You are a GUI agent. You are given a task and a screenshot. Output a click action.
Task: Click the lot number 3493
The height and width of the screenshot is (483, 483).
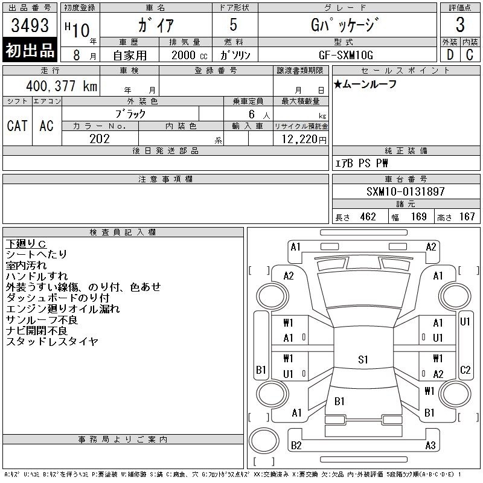(x=30, y=25)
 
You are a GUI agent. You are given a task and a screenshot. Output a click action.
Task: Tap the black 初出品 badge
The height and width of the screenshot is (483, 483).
(x=30, y=50)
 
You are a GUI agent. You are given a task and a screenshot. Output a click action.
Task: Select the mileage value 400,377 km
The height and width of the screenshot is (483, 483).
(x=62, y=86)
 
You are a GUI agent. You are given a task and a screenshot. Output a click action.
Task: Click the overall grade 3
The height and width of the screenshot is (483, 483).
(x=460, y=25)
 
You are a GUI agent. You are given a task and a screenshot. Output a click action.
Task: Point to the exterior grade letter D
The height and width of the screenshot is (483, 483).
(x=450, y=55)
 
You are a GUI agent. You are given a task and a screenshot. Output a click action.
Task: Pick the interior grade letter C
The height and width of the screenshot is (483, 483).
(x=470, y=55)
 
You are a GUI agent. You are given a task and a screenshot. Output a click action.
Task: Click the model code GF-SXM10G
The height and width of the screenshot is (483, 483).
(x=346, y=55)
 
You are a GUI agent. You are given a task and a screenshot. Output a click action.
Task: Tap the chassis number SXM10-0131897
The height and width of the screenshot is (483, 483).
(x=405, y=191)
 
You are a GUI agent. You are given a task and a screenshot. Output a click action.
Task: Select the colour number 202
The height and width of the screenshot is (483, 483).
(x=100, y=139)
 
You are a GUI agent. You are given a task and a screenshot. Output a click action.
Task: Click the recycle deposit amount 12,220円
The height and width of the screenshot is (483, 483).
(x=304, y=139)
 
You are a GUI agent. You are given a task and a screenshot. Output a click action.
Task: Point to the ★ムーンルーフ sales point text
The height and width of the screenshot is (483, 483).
(x=365, y=84)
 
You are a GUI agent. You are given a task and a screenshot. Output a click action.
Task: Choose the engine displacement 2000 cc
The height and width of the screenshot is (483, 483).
(x=189, y=56)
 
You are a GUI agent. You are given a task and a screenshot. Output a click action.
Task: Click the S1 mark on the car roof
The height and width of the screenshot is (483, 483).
(x=363, y=359)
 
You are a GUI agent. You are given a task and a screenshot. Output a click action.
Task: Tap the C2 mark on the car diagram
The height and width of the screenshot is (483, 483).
(x=465, y=369)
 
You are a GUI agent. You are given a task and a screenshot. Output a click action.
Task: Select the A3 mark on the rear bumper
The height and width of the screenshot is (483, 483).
(x=430, y=445)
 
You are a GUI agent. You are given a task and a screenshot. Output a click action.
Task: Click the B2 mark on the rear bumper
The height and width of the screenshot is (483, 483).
(x=296, y=445)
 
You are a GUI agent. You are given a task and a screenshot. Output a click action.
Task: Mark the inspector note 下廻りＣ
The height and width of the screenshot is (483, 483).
(x=26, y=244)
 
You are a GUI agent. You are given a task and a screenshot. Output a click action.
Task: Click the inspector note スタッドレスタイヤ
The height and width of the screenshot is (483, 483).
(x=52, y=341)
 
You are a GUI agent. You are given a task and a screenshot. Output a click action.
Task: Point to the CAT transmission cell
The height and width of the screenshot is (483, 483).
(x=18, y=126)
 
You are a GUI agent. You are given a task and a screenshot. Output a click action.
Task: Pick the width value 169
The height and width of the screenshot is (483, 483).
(x=418, y=217)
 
